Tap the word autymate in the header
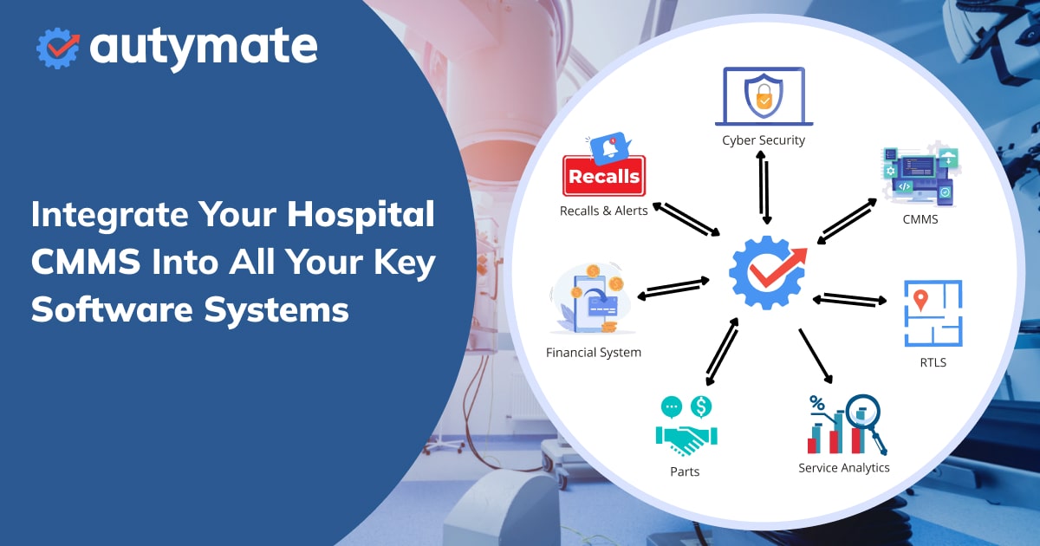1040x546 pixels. click(204, 47)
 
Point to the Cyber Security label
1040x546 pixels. click(764, 140)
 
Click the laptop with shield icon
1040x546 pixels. click(764, 97)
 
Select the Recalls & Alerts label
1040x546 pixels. click(603, 211)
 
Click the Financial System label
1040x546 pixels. click(594, 353)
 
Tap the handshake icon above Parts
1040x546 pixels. click(684, 439)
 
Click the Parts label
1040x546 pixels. click(684, 472)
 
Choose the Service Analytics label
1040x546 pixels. click(843, 468)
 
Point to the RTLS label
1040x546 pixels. click(933, 362)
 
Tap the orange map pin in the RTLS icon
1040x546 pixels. click(921, 300)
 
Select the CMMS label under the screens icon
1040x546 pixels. click(920, 219)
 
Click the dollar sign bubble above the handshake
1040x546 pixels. click(700, 406)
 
